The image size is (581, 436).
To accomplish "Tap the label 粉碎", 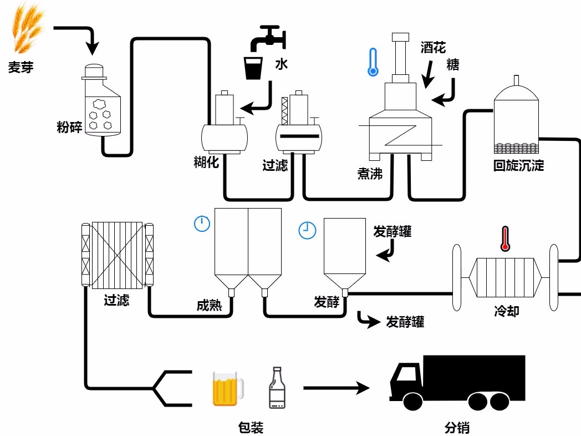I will (x=69, y=126).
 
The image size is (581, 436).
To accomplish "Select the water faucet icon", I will (x=268, y=38).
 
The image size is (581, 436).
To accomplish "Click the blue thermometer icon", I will (x=373, y=62).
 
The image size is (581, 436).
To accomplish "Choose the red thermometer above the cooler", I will (x=504, y=239).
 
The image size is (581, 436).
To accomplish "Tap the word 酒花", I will (x=433, y=48).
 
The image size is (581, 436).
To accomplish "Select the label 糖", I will (x=453, y=65).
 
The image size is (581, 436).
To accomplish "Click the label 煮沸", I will (x=370, y=173).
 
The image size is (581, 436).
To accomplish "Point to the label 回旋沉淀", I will (x=518, y=165).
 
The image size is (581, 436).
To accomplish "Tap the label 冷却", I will (x=506, y=311).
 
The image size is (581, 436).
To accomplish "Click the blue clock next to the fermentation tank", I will (x=307, y=230).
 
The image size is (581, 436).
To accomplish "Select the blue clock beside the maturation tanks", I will (x=202, y=224).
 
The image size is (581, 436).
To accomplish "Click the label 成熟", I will (x=209, y=306).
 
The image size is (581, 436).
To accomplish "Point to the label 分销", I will (x=457, y=428).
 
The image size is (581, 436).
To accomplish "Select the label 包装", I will (x=251, y=428).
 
